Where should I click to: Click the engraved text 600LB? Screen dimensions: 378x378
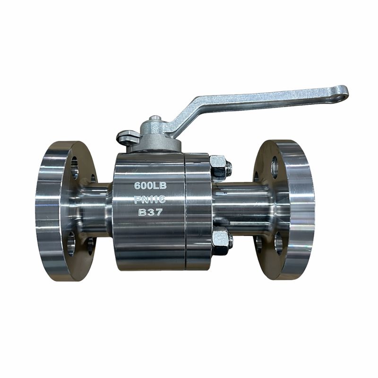pyautogui.click(x=150, y=185)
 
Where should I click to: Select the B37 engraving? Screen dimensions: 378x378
pyautogui.click(x=150, y=212)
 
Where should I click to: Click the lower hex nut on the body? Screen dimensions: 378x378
pyautogui.click(x=220, y=240)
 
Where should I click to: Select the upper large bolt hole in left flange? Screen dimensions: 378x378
pyautogui.click(x=75, y=168)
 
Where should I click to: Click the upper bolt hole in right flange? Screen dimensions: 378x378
pyautogui.click(x=275, y=167)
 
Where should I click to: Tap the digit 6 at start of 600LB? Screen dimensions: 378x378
pyautogui.click(x=137, y=185)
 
